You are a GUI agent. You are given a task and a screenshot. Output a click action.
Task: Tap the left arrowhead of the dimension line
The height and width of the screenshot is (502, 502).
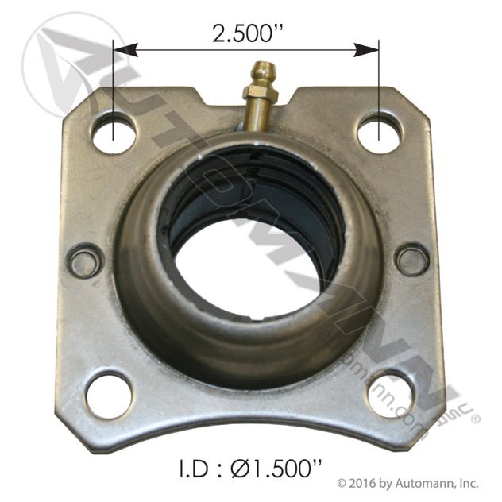pos(125,50)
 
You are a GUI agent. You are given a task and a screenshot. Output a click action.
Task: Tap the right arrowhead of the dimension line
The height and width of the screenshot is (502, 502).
pos(366,50)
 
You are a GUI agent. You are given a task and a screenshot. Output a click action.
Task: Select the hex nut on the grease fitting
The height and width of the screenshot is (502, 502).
pos(261,93)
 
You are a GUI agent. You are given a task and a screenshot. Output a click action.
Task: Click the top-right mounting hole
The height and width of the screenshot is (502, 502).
pos(379,133)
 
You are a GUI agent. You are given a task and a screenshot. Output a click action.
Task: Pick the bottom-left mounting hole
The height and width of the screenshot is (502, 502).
pos(109,396)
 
